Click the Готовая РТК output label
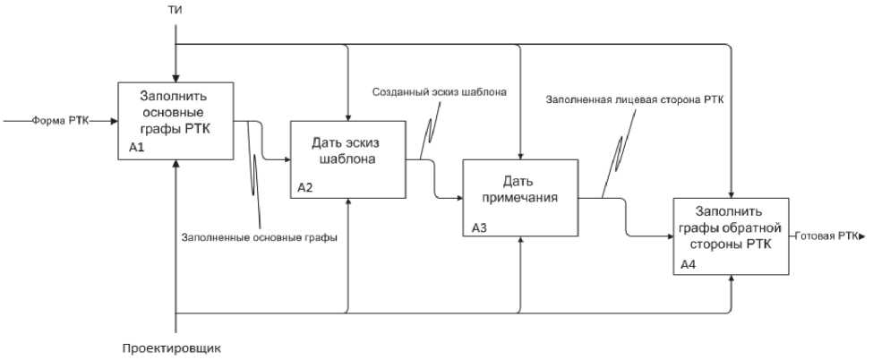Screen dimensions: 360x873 coord(825,236)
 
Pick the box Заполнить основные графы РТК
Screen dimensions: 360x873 coord(176,120)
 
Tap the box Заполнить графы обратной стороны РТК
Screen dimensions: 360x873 coord(731,236)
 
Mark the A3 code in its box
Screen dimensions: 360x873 coord(479,227)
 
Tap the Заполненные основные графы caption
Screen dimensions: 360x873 coord(252,236)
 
